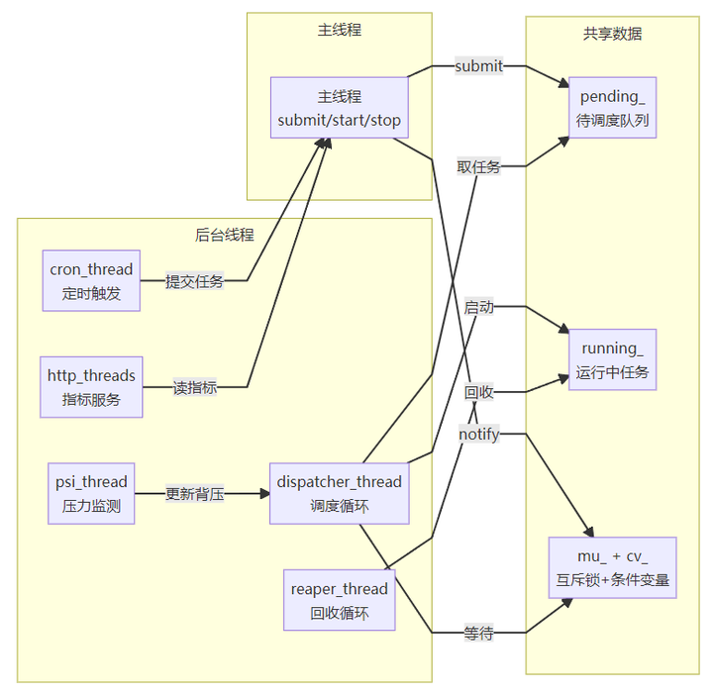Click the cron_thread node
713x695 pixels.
[x=91, y=280]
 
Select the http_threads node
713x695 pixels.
[x=91, y=387]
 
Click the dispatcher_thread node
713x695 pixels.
[x=340, y=493]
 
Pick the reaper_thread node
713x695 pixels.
[x=340, y=600]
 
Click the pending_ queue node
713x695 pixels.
[x=613, y=109]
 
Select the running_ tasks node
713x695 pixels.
[x=613, y=360]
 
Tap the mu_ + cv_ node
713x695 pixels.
[x=613, y=567]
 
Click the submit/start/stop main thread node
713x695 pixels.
[x=340, y=109]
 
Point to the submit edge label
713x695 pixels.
[x=479, y=66]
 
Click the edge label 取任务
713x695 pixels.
[x=478, y=166]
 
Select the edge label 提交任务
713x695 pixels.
[x=195, y=281]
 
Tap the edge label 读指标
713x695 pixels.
[x=195, y=388]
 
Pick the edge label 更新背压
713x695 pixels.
[x=195, y=493]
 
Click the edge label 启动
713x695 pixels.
[x=478, y=307]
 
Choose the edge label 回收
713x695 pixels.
[x=479, y=392]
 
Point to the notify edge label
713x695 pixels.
[x=479, y=434]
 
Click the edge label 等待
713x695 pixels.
[x=478, y=633]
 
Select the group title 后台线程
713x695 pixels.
[x=225, y=235]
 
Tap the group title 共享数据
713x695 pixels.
[x=613, y=33]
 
